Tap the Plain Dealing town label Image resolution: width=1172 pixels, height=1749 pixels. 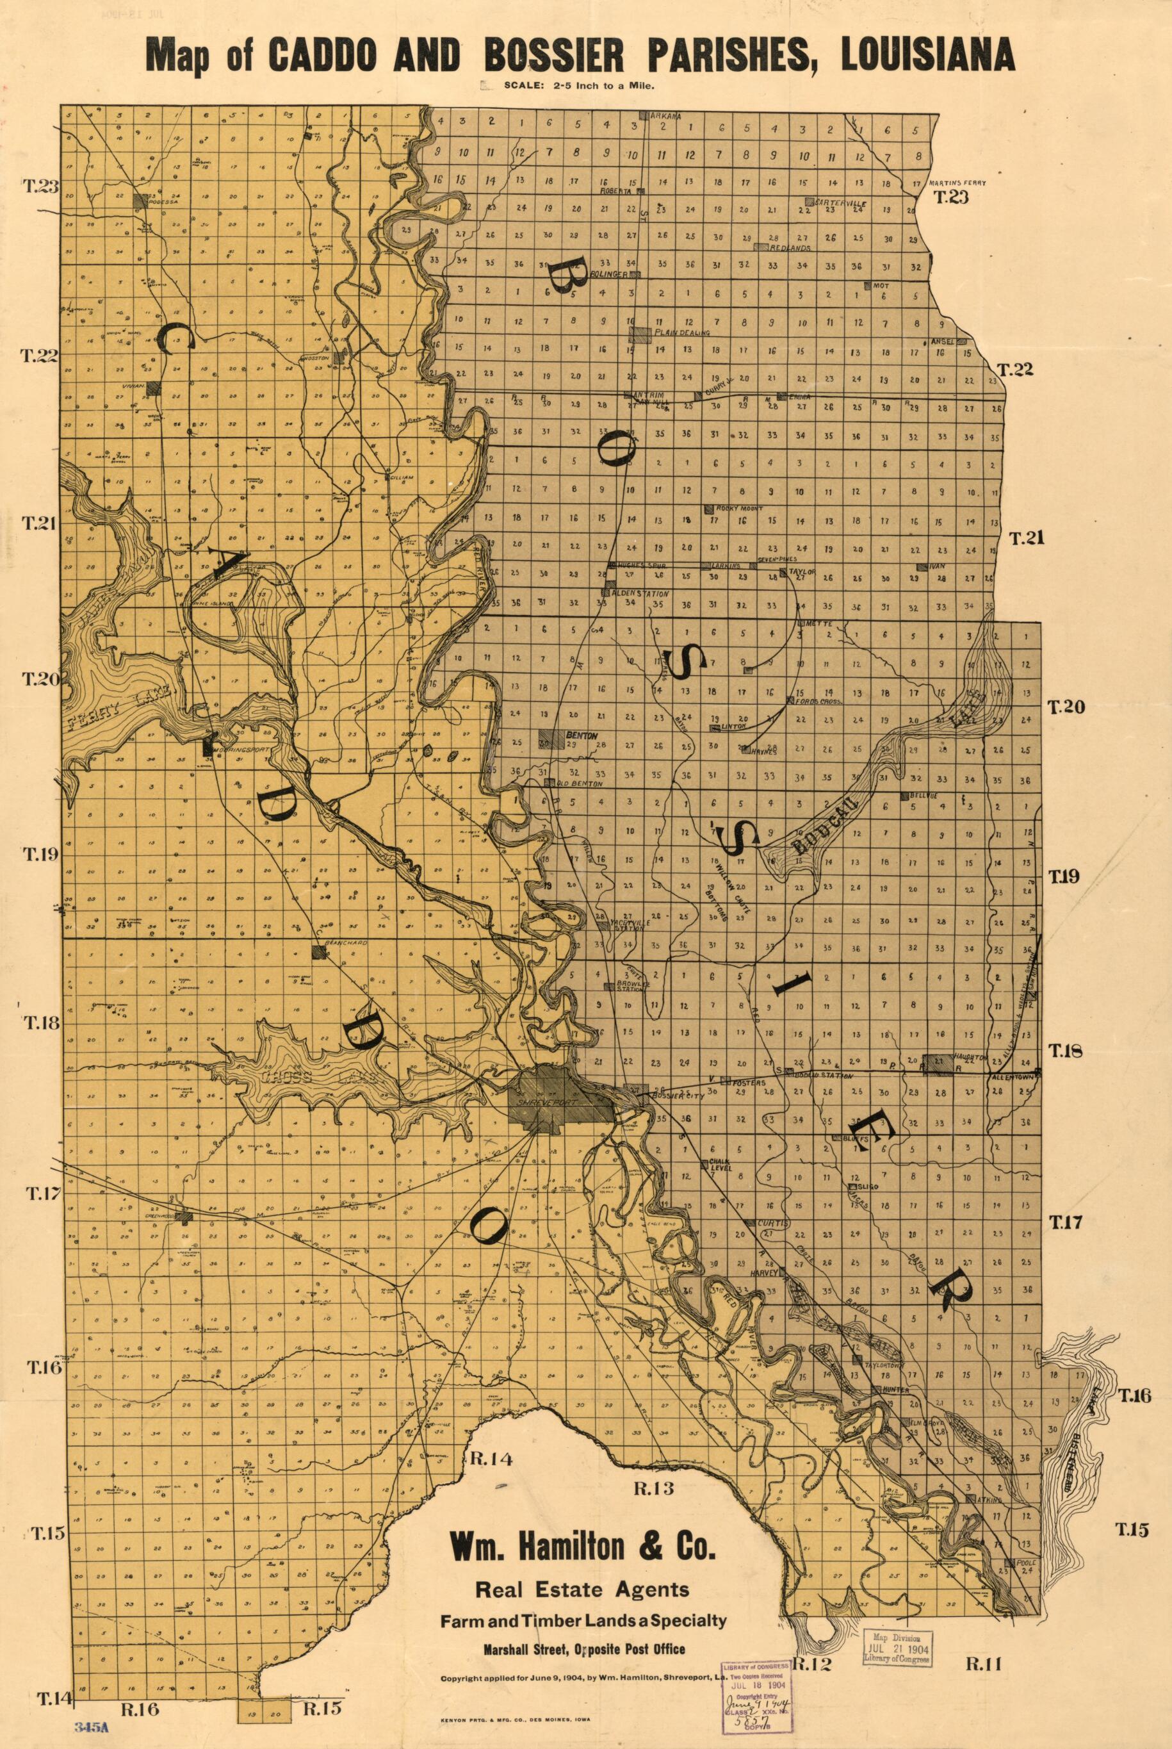pyautogui.click(x=681, y=333)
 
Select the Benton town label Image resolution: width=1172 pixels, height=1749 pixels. pyautogui.click(x=582, y=735)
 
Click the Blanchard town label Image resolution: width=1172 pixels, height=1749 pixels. pyautogui.click(x=348, y=944)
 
